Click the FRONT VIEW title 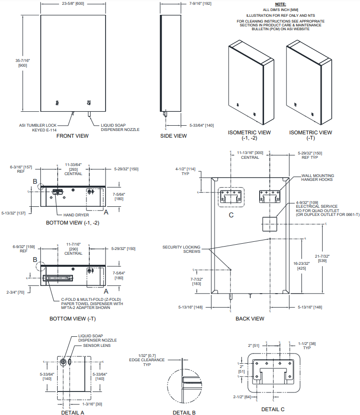click(x=72, y=136)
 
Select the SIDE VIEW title click(x=173, y=136)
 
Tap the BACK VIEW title click(x=250, y=318)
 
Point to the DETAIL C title click(x=273, y=409)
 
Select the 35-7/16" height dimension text click(x=23, y=62)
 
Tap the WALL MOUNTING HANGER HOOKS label click(x=318, y=178)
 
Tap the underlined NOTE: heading click(x=280, y=4)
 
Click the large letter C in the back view click(x=231, y=214)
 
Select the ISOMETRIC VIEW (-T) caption click(x=311, y=135)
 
